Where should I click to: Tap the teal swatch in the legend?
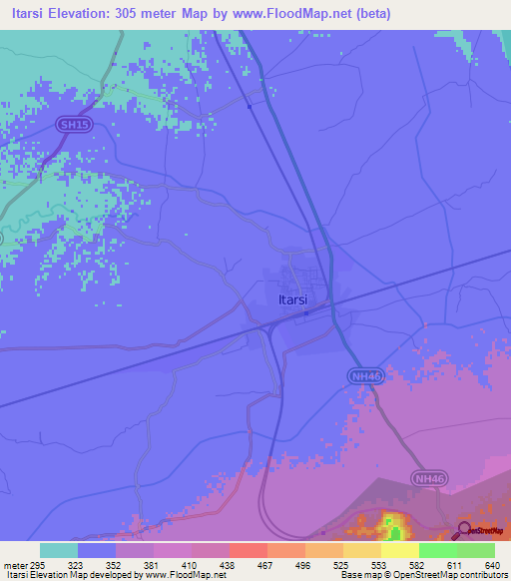pyautogui.click(x=59, y=550)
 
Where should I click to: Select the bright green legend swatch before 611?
pyautogui.click(x=438, y=550)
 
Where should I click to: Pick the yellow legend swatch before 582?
pyautogui.click(x=400, y=550)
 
